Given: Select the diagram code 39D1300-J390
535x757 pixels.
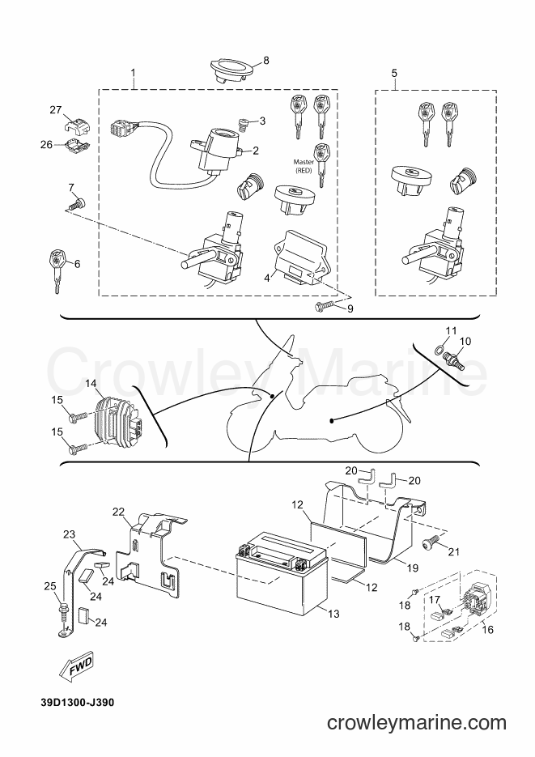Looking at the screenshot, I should (x=70, y=702).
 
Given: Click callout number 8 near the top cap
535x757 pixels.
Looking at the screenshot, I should (x=266, y=59).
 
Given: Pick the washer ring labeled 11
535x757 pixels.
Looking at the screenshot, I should (x=439, y=350).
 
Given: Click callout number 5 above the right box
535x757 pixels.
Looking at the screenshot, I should (x=394, y=74).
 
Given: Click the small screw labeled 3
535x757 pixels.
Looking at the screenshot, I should (x=241, y=124).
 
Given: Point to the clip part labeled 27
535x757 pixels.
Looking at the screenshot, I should (x=76, y=124).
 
